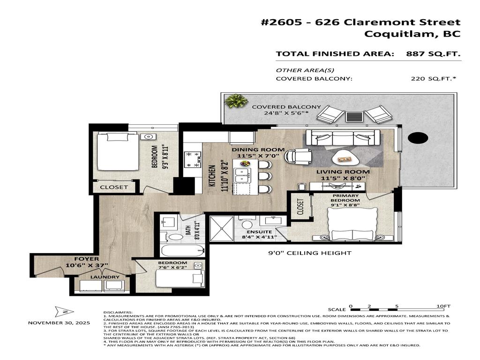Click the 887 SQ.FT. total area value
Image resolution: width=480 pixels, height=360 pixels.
coord(433,54)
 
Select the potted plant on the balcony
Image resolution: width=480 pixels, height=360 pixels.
coord(236,100)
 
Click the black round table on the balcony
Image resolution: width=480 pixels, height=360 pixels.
coord(418,138)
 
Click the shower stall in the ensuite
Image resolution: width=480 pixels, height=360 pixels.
coord(222,229)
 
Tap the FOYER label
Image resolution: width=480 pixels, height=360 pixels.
coord(86,259)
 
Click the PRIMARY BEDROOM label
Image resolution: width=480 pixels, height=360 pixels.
coord(345,198)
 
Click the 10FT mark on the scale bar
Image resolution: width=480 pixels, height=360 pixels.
coord(443,306)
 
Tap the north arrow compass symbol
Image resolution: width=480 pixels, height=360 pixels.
coord(61,311)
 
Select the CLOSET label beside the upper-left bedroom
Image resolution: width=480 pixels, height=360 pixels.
coord(114,187)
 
